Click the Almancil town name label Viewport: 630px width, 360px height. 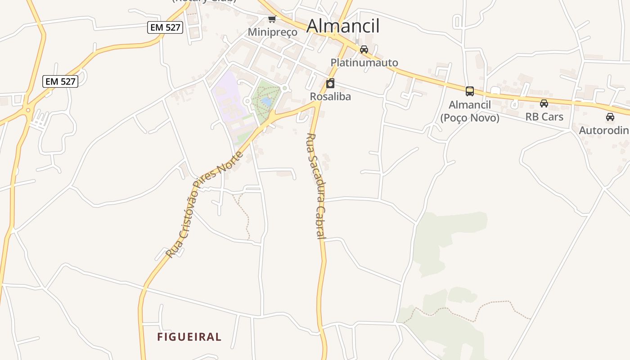[343, 26]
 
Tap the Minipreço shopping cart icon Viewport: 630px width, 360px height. [272, 19]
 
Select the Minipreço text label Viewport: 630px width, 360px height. [273, 32]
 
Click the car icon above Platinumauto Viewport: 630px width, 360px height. [364, 49]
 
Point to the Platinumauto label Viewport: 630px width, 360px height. [364, 63]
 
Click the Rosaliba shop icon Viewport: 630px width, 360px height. [330, 83]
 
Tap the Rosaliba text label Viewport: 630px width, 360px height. [330, 96]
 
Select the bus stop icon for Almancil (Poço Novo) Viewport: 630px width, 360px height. [470, 91]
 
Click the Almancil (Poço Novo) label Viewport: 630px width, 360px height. [470, 111]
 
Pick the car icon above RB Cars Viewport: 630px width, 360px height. [544, 103]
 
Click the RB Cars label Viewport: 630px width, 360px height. [544, 117]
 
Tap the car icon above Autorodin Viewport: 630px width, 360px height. [610, 117]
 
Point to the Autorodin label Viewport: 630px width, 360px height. [604, 130]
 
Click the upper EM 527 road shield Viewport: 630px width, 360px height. [165, 27]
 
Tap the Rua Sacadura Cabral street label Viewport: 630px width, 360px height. [315, 185]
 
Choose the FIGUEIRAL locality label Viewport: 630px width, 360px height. [189, 337]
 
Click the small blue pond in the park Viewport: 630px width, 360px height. [266, 102]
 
